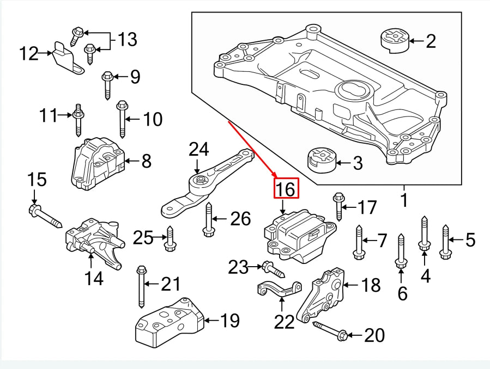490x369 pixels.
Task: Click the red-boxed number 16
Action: coord(286,189)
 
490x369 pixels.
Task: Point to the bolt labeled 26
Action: coord(208,220)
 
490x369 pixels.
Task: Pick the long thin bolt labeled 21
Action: coord(141,285)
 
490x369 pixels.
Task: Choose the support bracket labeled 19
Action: coord(168,323)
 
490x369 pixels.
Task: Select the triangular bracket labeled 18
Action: coord(325,294)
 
